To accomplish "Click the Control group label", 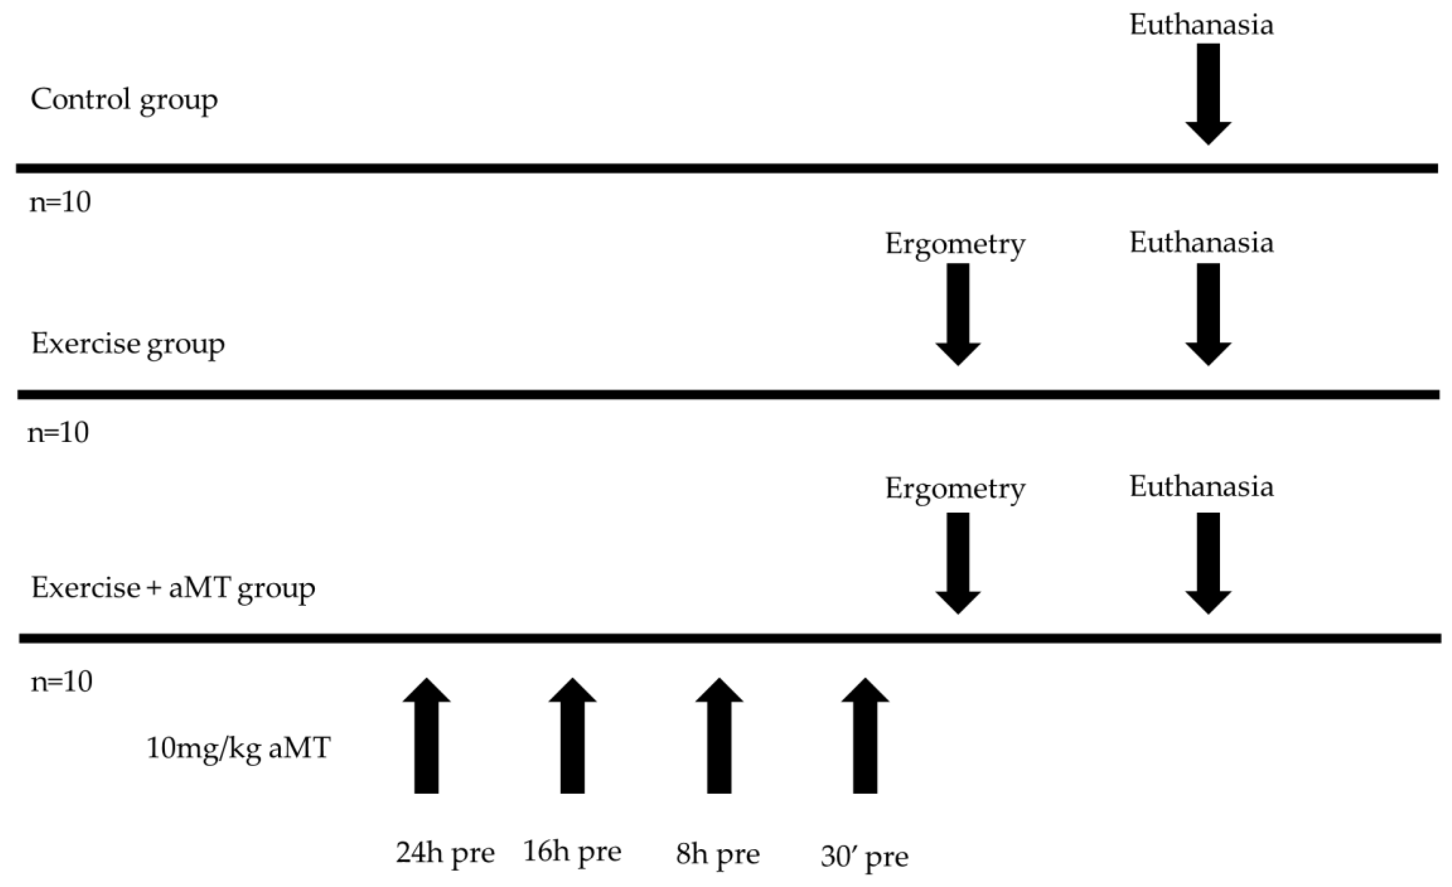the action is (124, 100).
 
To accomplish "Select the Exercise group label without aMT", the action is (128, 344).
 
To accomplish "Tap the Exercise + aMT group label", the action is (173, 588).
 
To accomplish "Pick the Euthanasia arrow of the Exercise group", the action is (1208, 314).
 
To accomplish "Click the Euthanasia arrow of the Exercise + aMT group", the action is (1208, 563).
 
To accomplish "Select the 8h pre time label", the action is (718, 854).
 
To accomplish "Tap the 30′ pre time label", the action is (864, 856).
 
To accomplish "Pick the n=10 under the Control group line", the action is (60, 202).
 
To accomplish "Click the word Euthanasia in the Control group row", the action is (1201, 25).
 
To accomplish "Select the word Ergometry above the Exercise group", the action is (955, 244).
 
